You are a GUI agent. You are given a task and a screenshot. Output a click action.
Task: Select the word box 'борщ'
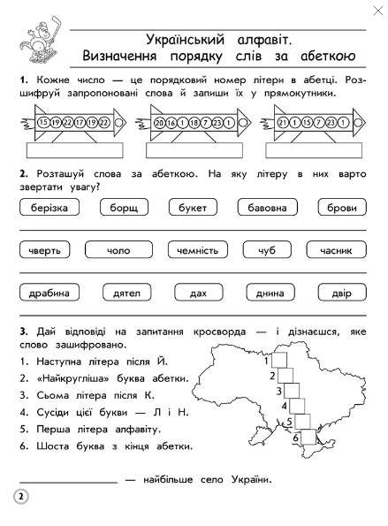point(118,208)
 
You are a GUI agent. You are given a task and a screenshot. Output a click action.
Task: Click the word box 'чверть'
point(45,250)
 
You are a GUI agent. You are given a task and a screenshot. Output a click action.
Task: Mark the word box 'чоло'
point(118,250)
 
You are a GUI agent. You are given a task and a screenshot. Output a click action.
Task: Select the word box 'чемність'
point(196,250)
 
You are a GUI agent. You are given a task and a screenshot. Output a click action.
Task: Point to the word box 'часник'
point(337,250)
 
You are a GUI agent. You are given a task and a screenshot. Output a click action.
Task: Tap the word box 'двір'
point(339,291)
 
